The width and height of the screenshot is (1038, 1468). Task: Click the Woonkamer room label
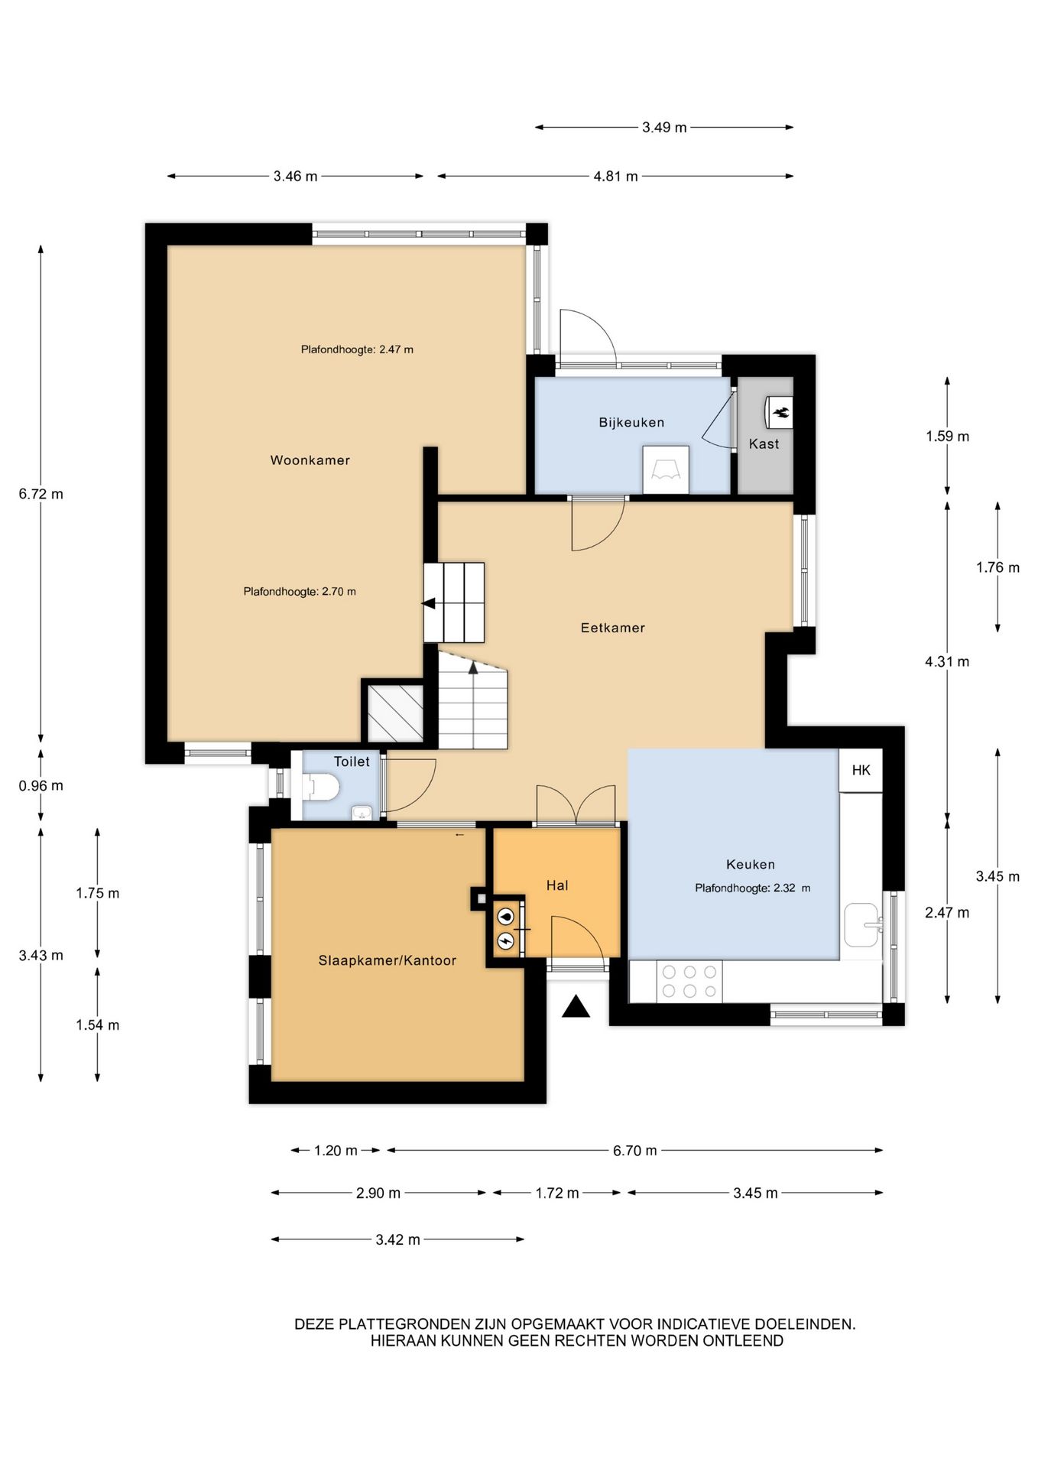point(310,460)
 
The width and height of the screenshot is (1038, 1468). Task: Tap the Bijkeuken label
point(631,423)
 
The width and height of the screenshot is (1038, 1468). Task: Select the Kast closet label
point(764,444)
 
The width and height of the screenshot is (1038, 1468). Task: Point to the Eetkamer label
point(613,628)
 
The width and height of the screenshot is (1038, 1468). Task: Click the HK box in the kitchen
point(861,770)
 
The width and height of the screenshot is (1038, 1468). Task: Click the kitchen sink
point(862,925)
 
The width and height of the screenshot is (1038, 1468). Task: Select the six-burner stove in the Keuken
point(689,982)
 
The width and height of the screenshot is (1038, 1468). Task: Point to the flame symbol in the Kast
point(780,413)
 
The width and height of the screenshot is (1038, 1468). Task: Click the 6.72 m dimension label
point(41,494)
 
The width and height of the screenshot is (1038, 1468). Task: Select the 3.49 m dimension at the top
point(664,128)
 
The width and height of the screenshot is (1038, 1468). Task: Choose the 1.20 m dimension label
point(336,1151)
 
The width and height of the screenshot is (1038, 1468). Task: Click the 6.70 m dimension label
point(634,1151)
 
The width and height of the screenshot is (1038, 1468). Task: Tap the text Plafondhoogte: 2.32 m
point(753,888)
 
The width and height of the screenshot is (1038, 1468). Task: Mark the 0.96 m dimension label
point(41,786)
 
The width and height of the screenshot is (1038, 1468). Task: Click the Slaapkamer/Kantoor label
point(388,961)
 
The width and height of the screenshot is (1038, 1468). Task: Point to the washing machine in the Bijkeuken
point(666,470)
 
